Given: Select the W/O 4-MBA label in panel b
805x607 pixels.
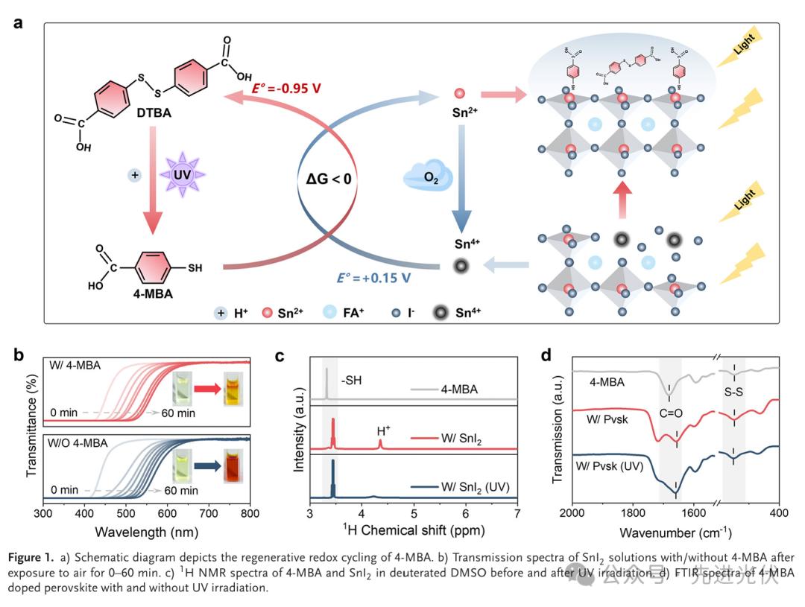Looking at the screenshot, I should pos(80,442).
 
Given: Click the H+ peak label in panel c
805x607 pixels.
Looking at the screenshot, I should pos(383,430).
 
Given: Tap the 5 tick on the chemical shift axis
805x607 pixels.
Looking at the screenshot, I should pos(414,513).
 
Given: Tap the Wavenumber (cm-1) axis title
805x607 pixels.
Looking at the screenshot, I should pos(674,533).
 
